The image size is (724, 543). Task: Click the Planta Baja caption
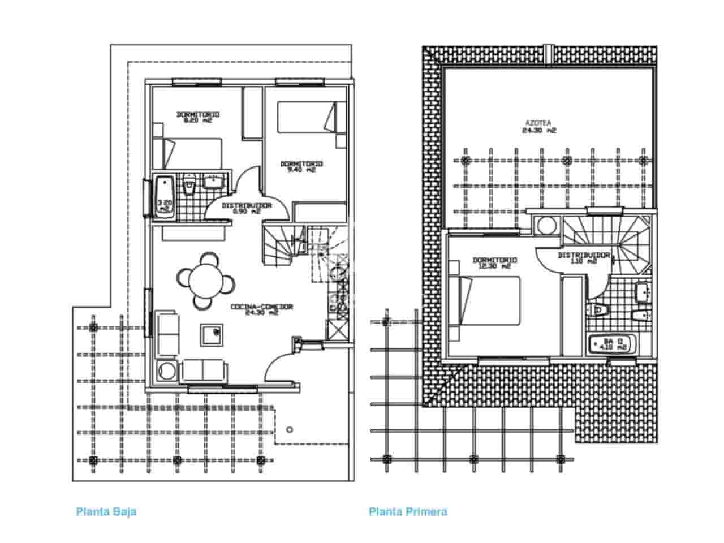coord(106,512)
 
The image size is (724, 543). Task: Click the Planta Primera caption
coord(408,512)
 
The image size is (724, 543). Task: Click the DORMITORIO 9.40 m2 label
coord(301,166)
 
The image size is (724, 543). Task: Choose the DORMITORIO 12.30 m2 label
coord(495,263)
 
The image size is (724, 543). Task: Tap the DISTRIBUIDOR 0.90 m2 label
coord(247,208)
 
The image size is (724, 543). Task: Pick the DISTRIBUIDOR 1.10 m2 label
coord(584,258)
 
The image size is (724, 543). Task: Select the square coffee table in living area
coord(210,335)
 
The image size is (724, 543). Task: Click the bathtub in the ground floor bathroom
coord(164,196)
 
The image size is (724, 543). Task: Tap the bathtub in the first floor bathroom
coord(613,344)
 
